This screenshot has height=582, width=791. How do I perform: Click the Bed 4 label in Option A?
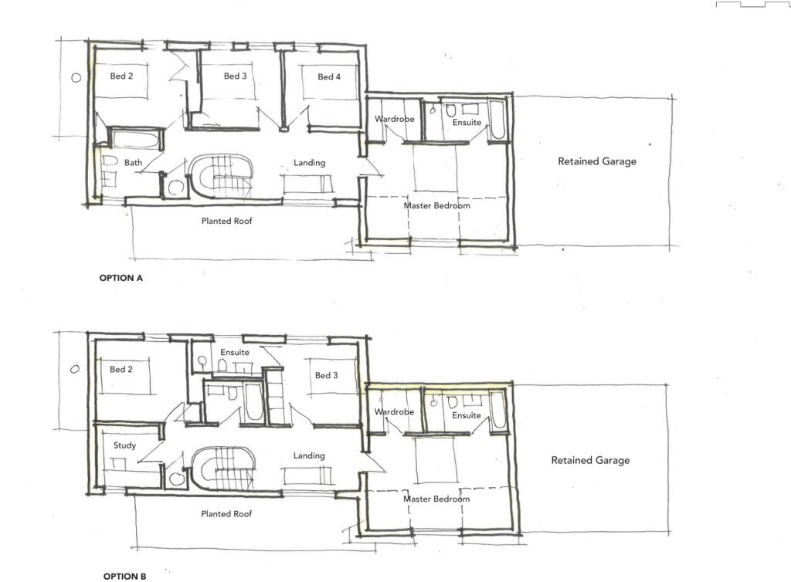tap(329, 76)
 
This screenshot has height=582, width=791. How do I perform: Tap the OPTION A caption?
tap(121, 278)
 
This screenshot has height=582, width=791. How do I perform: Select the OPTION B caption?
tap(124, 576)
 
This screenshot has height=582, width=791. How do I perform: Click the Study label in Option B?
tap(124, 445)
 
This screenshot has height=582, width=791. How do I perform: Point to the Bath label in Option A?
tap(133, 162)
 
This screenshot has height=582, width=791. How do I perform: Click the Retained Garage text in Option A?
tap(597, 161)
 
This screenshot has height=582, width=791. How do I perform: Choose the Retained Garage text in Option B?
tap(590, 460)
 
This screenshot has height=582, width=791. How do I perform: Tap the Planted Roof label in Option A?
tap(226, 221)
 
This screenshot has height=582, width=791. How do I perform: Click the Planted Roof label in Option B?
tap(226, 513)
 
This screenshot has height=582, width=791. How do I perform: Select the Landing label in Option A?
tap(309, 163)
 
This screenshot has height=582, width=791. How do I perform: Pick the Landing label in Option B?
tap(309, 455)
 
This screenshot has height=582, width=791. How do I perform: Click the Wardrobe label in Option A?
tap(395, 119)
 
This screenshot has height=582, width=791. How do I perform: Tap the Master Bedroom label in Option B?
tap(436, 499)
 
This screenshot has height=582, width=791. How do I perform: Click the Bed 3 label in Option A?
tap(235, 76)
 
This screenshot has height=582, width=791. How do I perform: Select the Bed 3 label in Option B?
tap(327, 375)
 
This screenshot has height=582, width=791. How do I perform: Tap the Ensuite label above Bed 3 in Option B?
tap(235, 352)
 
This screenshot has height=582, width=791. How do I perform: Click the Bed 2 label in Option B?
tap(121, 369)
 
